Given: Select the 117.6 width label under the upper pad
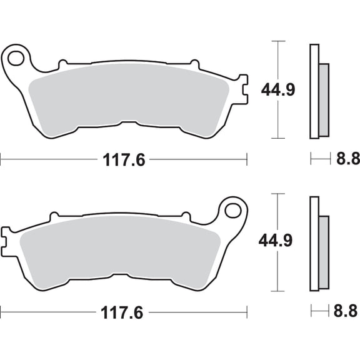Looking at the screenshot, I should click(x=124, y=160).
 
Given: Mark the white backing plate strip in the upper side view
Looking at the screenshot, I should click(x=314, y=91).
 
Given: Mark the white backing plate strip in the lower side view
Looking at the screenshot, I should click(x=314, y=244).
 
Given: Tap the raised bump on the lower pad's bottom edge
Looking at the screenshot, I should click(x=124, y=276).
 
